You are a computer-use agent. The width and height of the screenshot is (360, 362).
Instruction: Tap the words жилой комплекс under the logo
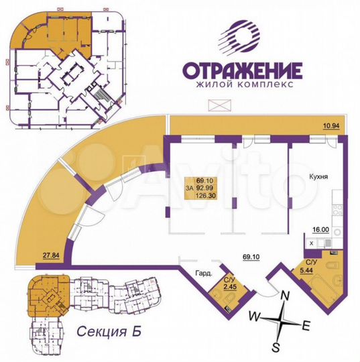coord(242,85)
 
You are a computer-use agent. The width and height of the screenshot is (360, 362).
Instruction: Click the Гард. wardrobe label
coord(204,274)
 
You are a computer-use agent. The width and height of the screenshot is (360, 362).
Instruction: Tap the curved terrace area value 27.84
coord(52,255)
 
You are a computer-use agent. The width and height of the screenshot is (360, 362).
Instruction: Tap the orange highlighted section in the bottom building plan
coord(45,294)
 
